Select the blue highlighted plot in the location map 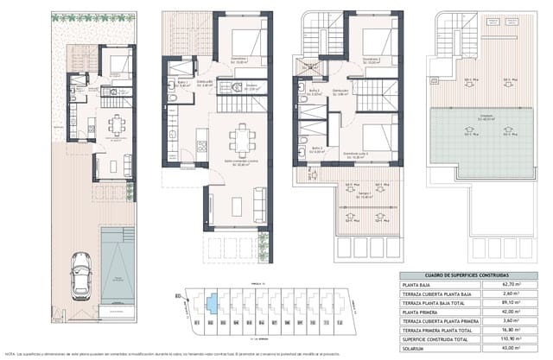coord(211,304)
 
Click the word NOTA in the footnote coord(10,354)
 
